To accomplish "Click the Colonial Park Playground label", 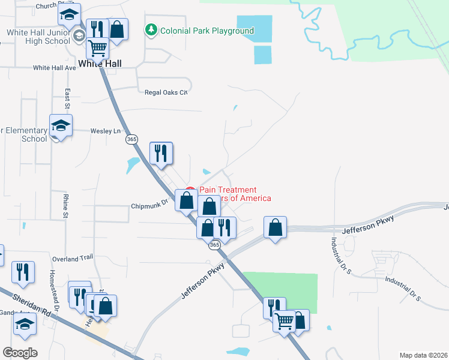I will (206, 31).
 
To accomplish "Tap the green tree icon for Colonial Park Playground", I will (151, 30).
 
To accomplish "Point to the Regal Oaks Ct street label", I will (166, 92).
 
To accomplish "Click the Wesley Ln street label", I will (105, 130).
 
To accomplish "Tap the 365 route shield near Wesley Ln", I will (132, 139).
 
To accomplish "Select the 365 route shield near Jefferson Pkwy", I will (215, 245).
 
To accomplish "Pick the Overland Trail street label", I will (73, 259).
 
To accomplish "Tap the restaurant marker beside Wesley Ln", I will (160, 152).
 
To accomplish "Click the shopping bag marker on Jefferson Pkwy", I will (275, 227).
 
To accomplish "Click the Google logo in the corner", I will (20, 352).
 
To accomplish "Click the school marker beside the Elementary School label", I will (61, 125).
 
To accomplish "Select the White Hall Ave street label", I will (55, 68).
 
